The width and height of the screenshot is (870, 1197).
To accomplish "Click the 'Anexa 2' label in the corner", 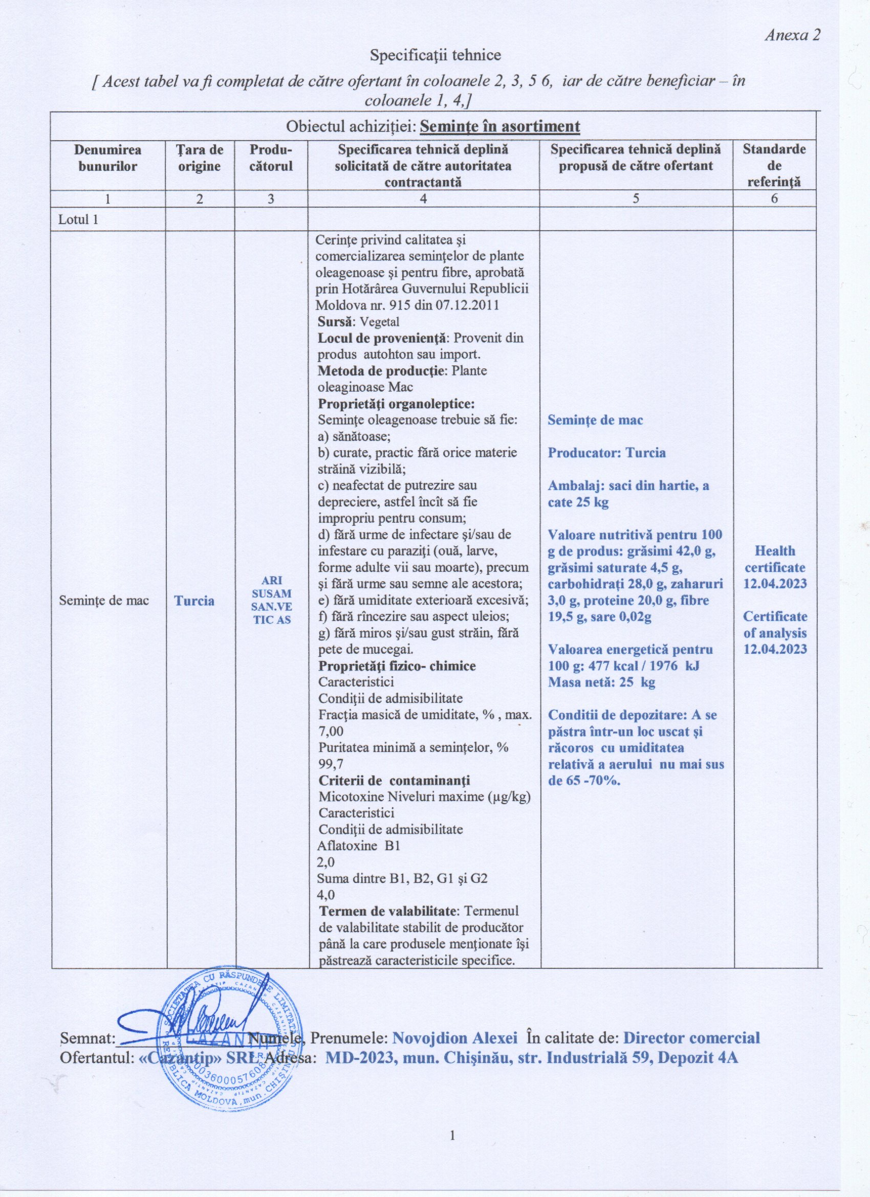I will click(793, 35).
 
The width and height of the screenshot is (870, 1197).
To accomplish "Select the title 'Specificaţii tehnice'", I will click(435, 55).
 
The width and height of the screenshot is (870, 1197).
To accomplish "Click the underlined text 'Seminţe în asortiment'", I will click(502, 127).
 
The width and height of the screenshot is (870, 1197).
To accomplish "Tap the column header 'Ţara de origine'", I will click(199, 158).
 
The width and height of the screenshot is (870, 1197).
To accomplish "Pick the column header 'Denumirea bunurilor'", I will click(107, 158).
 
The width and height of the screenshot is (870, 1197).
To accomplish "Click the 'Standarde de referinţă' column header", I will click(774, 166).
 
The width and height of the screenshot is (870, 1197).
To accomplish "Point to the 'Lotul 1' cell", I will click(78, 219).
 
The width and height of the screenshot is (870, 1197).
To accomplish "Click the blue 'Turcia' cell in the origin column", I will click(194, 601).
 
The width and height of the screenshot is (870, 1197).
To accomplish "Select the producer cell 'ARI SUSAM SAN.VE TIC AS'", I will click(271, 600).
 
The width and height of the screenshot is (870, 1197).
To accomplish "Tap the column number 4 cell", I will click(423, 199).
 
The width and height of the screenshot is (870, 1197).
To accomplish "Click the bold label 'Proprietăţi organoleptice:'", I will click(396, 404).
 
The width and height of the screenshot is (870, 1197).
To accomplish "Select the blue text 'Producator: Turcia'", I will click(606, 453).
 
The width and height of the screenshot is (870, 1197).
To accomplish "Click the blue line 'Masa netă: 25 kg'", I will click(601, 682).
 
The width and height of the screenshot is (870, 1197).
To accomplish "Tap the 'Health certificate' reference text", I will click(774, 559).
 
